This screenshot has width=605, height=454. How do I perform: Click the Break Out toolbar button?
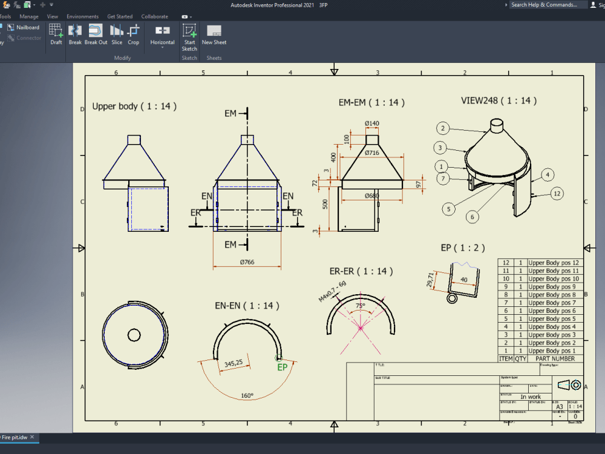(96, 35)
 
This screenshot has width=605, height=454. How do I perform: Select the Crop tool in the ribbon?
(134, 35)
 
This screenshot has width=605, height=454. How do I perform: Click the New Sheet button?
(214, 35)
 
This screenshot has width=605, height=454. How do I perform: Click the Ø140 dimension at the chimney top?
(372, 123)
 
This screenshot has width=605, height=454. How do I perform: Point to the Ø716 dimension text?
(372, 153)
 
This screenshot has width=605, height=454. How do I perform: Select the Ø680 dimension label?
(372, 196)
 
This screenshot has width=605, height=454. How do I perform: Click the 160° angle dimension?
(247, 395)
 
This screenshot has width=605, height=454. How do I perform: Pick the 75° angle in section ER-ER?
(360, 306)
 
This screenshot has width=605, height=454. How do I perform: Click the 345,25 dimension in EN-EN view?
(233, 363)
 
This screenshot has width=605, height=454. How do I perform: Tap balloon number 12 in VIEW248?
(557, 194)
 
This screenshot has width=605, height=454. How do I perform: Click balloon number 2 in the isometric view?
(443, 128)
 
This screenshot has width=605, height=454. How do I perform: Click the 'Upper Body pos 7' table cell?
(552, 303)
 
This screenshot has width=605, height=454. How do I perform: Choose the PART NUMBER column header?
(555, 358)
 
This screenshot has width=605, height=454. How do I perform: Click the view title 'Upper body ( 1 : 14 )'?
(134, 106)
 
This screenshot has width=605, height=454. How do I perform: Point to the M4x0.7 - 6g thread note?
(332, 291)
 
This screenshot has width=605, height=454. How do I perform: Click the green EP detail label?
(282, 367)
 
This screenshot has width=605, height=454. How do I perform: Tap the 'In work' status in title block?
(531, 397)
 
